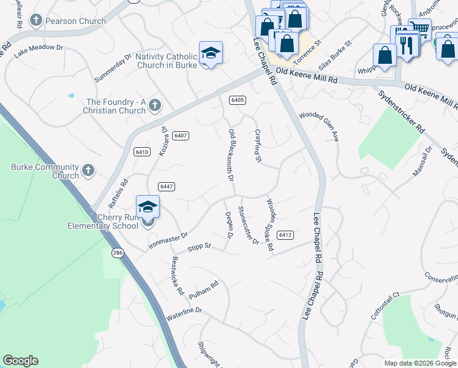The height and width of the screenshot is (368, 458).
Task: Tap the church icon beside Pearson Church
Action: pyautogui.click(x=36, y=21)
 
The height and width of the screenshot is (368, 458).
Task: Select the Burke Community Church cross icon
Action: pyautogui.click(x=88, y=170)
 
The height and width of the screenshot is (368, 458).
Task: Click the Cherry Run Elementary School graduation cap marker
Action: pyautogui.click(x=148, y=207)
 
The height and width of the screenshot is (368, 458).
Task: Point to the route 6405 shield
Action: pyautogui.click(x=238, y=100)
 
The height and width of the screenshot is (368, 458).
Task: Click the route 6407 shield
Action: pyautogui.click(x=180, y=136)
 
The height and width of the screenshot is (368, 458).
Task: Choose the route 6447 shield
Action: pyautogui.click(x=166, y=186)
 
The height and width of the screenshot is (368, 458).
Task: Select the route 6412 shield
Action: pyautogui.click(x=285, y=235)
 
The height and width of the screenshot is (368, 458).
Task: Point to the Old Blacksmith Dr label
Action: pyautogui.click(x=231, y=155)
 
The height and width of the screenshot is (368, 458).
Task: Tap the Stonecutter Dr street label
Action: pyautogui.click(x=249, y=226)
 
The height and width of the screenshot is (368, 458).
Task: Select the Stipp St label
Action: pyautogui.click(x=199, y=247)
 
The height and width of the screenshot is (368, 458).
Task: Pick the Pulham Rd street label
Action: pyautogui.click(x=204, y=289)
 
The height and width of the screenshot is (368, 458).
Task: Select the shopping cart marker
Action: pyautogui.click(x=419, y=28)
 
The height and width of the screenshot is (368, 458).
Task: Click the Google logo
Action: pyautogui.click(x=20, y=361)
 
